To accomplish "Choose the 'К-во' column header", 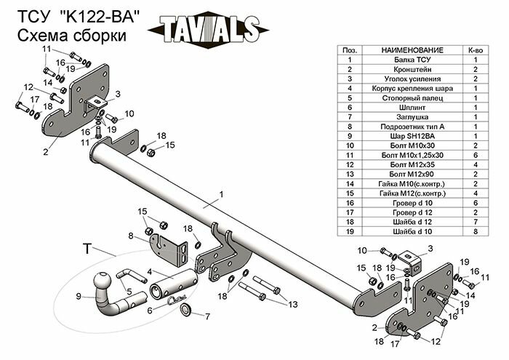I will pyautogui.click(x=475, y=49).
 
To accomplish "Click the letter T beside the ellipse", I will pyautogui.click(x=87, y=249).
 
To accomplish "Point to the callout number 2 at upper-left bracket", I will pyautogui.click(x=45, y=152).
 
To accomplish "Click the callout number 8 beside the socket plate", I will pyautogui.click(x=132, y=236).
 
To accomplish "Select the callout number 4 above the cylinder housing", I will pyautogui.click(x=149, y=271).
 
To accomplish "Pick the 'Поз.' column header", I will pyautogui.click(x=349, y=49).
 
